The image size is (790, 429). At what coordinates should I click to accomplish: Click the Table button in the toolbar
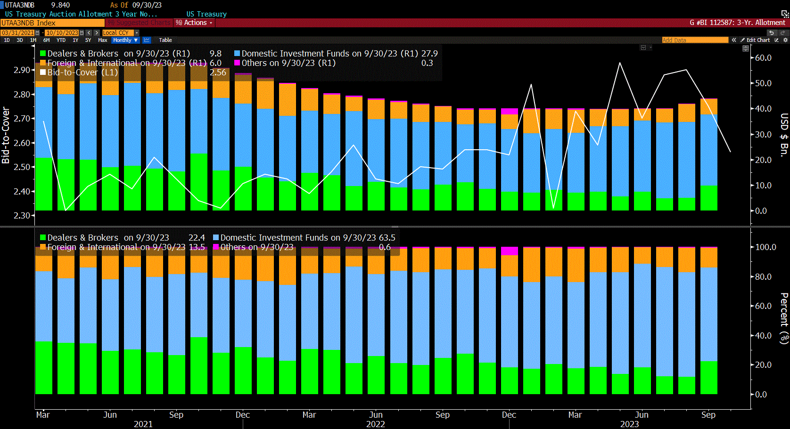point(165,40)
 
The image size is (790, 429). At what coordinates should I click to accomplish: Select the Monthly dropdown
point(125,40)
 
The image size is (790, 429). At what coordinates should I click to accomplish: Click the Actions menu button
point(195,23)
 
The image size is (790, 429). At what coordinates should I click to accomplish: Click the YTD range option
point(61,40)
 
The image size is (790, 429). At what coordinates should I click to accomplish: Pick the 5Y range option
point(88,40)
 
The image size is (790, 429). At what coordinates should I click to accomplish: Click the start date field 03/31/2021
point(17,32)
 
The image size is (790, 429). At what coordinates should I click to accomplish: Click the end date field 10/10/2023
point(62,32)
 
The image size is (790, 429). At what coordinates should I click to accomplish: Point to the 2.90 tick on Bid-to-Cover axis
point(22,70)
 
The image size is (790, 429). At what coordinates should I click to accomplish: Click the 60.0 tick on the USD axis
point(763,58)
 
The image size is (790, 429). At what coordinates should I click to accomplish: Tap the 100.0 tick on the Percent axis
point(765,247)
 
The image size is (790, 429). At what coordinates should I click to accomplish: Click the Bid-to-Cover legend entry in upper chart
point(82,73)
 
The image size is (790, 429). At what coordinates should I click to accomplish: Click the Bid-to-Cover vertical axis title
point(6,135)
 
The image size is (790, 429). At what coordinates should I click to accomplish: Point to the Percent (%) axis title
point(784,318)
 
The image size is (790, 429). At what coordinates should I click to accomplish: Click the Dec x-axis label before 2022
point(242,415)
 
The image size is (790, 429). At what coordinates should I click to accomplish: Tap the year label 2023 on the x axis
point(629,424)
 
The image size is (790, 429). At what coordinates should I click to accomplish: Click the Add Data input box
point(695,40)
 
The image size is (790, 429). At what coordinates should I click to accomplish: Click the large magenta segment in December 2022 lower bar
point(509,251)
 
